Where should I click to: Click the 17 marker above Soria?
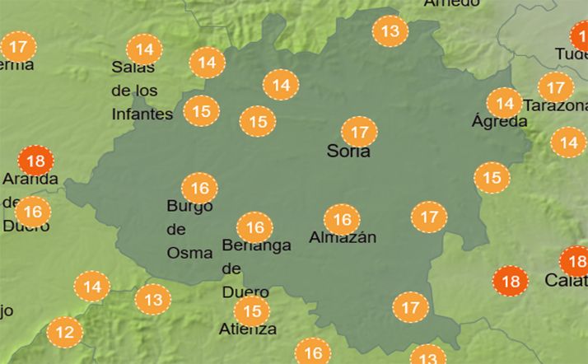(358, 132)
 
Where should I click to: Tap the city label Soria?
(348, 152)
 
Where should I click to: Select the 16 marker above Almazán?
(342, 220)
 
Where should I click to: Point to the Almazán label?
(343, 237)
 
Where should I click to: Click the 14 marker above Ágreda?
(503, 104)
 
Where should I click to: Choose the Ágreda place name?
(499, 121)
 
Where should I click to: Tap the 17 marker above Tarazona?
(556, 87)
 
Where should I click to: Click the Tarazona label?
(556, 106)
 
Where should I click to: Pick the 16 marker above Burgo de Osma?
(199, 188)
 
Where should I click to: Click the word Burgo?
(189, 206)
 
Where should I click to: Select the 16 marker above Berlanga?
(254, 227)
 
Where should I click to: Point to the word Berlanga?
(256, 245)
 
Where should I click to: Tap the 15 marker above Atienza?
(251, 311)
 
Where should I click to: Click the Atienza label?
(248, 329)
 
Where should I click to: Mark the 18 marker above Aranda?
(35, 161)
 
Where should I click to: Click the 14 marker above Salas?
(145, 49)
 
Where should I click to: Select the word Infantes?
(142, 114)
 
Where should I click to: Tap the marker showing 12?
(65, 333)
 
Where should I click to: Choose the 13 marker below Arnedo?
(390, 32)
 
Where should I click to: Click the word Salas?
(133, 68)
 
